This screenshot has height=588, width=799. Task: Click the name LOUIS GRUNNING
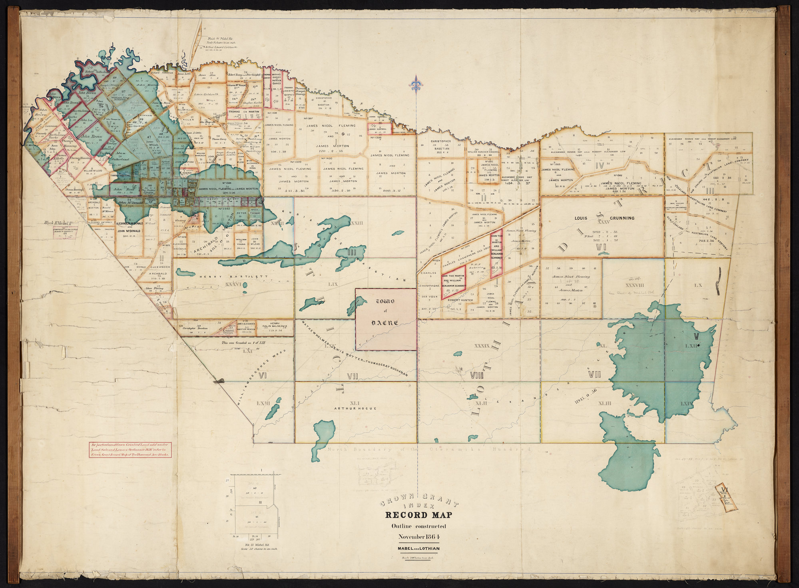[604, 218]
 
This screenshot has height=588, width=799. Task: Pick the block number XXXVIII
[633, 286]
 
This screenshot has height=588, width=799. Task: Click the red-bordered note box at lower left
[130, 450]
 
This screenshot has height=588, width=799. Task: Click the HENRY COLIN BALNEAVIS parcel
[274, 327]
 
